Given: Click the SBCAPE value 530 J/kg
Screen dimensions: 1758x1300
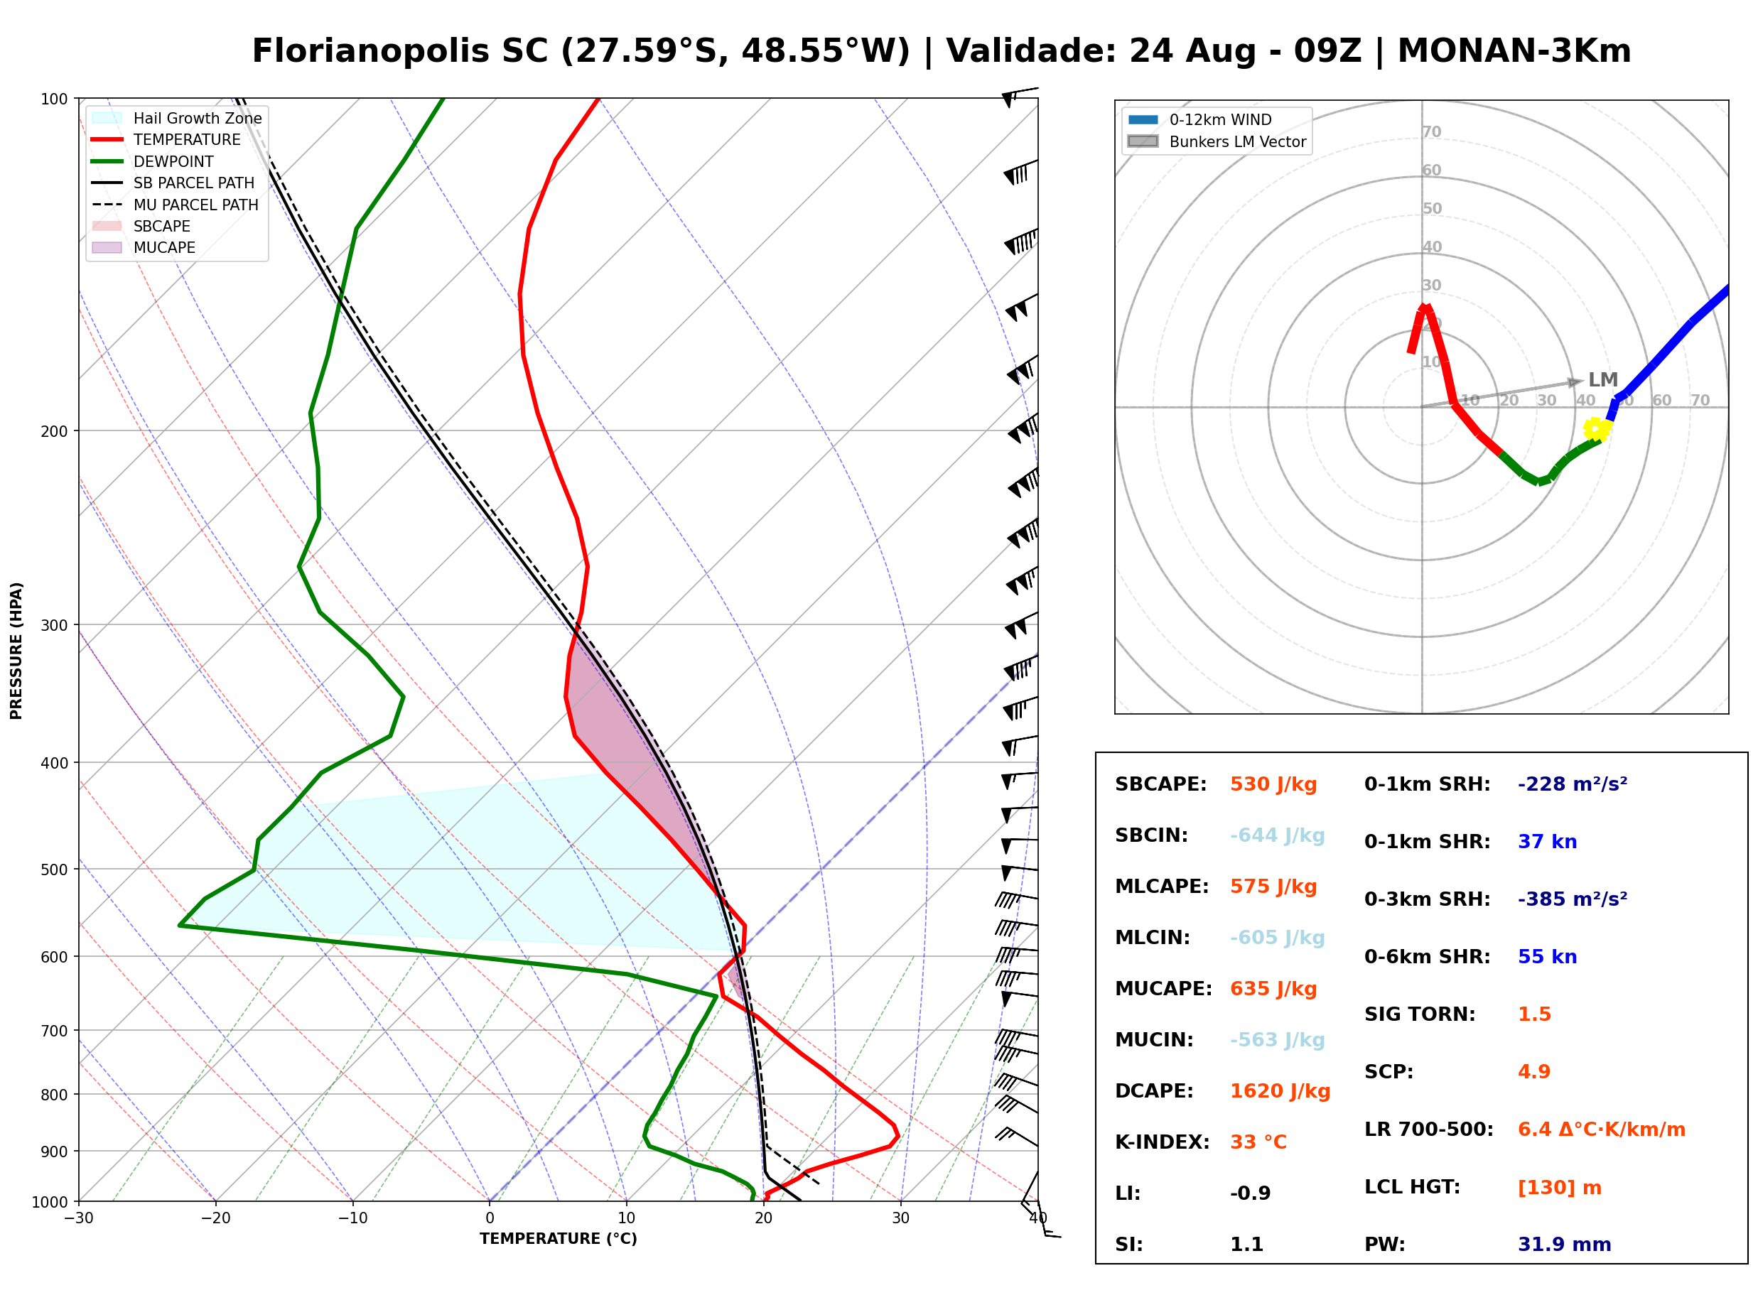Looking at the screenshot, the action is tap(1273, 784).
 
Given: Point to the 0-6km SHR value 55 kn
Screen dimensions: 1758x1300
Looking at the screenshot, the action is tap(1547, 957).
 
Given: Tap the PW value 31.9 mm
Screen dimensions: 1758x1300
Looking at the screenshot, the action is tap(1565, 1245).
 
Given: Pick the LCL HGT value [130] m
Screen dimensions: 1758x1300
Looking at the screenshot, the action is tap(1560, 1188).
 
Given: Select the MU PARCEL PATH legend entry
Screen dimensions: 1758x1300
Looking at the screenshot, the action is tap(176, 205).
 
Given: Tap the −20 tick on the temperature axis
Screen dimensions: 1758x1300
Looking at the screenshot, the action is tap(215, 1219).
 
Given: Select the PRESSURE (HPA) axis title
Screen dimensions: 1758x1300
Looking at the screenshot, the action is tap(16, 651).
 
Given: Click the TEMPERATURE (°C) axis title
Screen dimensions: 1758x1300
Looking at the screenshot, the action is tap(559, 1239).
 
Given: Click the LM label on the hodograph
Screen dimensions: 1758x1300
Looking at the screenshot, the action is tap(1603, 380).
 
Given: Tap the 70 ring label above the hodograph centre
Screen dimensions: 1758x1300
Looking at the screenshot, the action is tap(1431, 131).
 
